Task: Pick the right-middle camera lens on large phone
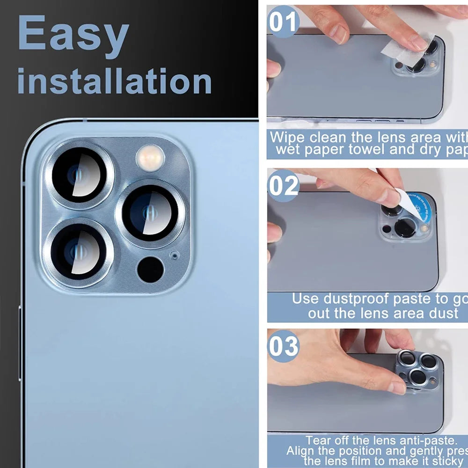[150, 212]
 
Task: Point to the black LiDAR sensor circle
[150, 270]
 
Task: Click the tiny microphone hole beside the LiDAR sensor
[175, 255]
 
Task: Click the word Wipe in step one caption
[287, 138]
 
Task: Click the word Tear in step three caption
[318, 440]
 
